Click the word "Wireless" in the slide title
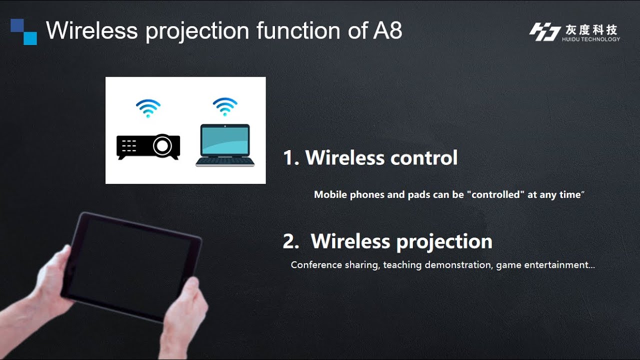(x=91, y=30)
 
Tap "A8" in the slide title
(x=387, y=30)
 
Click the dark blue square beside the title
(x=17, y=25)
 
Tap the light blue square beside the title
(x=30, y=38)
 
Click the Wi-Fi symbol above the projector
(x=148, y=107)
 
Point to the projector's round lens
(x=162, y=146)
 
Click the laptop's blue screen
(x=225, y=140)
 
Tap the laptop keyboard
(x=225, y=161)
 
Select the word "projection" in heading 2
(x=446, y=241)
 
